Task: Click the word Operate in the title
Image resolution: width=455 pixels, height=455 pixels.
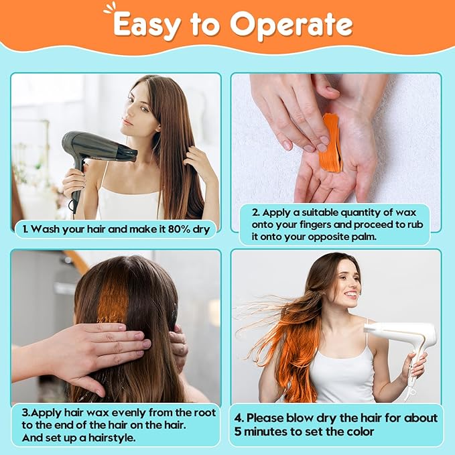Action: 291,25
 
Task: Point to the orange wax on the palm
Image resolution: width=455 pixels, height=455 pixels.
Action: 331,142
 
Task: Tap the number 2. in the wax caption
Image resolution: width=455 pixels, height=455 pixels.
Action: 255,212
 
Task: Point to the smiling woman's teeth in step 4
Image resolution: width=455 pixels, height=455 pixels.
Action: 351,295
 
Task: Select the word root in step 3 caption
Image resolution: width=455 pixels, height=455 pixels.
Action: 204,413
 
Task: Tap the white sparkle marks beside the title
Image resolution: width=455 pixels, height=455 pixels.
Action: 109,9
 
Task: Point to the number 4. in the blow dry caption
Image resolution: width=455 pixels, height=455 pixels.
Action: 239,418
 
